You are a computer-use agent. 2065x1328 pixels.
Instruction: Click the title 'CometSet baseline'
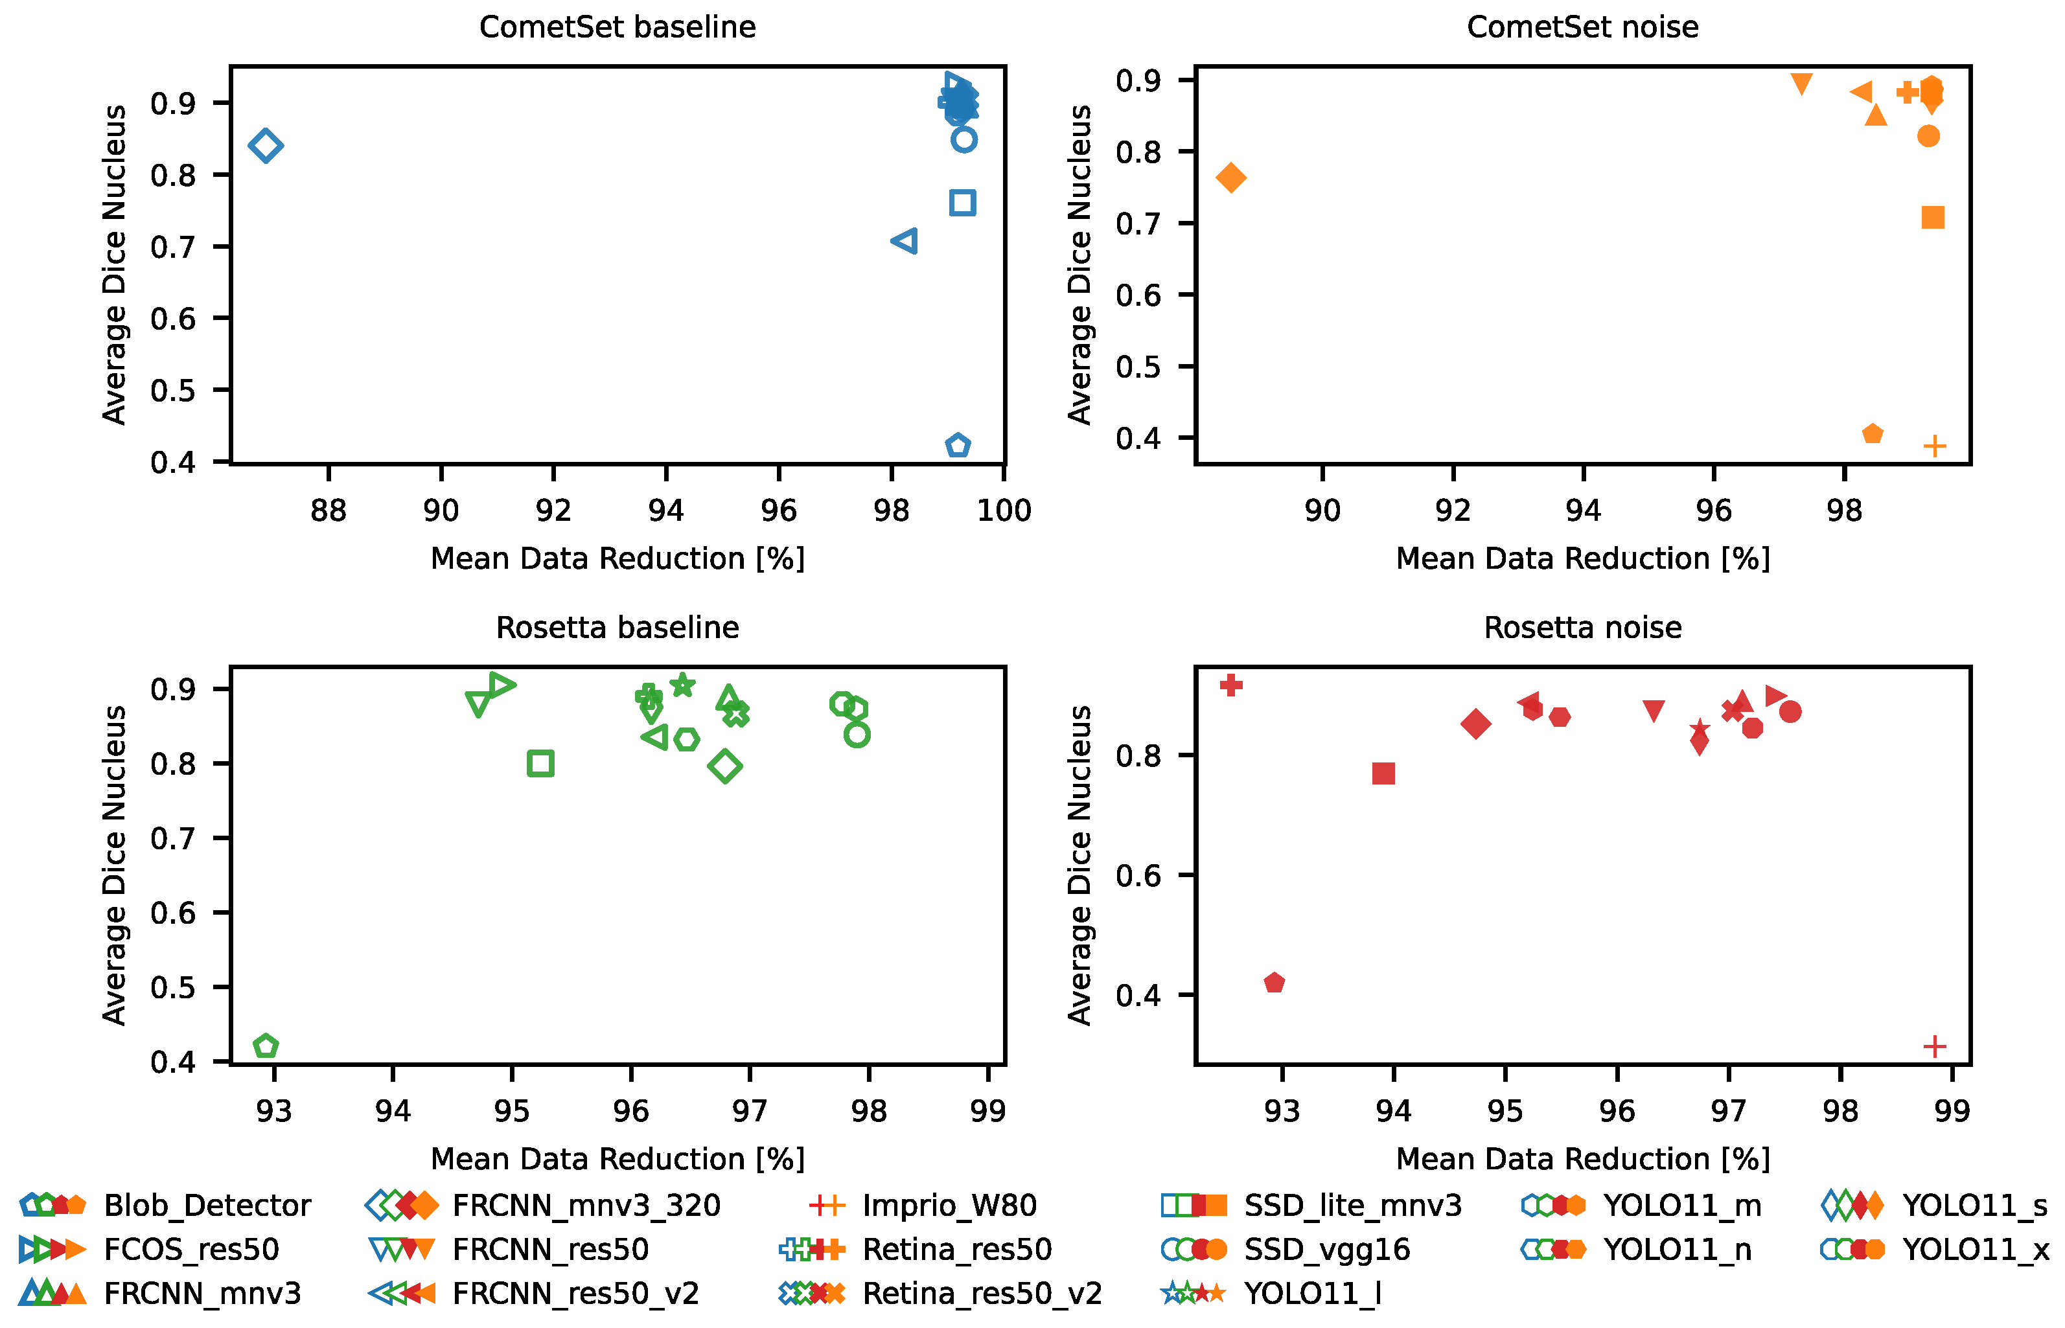coord(617,28)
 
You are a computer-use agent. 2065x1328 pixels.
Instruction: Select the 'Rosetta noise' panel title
coord(1582,628)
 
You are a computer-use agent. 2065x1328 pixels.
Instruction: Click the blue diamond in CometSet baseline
coord(266,145)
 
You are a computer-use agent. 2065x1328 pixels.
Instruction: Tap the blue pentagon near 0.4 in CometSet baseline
coord(958,446)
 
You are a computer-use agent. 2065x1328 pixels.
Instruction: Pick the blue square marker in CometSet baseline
coord(963,203)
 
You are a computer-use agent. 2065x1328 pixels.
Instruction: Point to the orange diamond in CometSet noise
coord(1231,177)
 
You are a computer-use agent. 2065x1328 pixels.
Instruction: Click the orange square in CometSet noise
coord(1933,217)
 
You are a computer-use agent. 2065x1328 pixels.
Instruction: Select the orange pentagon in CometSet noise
coord(1872,434)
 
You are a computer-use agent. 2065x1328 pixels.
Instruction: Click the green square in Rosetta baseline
coord(540,763)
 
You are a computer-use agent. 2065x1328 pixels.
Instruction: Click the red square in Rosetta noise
coord(1383,773)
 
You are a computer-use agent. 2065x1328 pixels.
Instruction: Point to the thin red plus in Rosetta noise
coord(1935,1046)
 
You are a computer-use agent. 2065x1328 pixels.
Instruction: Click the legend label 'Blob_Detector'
coord(207,1206)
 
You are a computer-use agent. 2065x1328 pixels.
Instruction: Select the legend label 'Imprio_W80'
coord(950,1206)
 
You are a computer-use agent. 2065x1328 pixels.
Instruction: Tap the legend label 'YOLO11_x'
coord(1976,1250)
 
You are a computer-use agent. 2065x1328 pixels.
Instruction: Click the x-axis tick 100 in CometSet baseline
coord(1004,510)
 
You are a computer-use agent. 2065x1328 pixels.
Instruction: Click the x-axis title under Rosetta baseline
coord(617,1159)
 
